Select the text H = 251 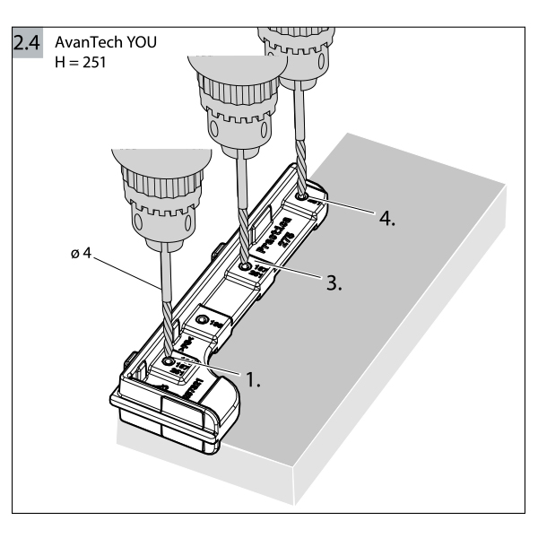point(81,64)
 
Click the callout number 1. point(253,379)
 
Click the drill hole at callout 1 point(169,361)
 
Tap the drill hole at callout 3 point(245,268)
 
